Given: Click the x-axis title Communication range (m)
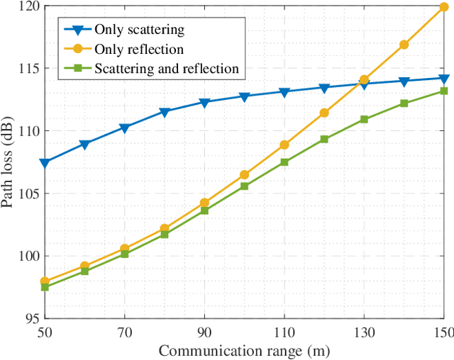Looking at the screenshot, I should [244, 350].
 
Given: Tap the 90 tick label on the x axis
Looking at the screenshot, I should [204, 332].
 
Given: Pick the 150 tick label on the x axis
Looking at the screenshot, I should [443, 332].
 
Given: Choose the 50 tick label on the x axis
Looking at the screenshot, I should [45, 332].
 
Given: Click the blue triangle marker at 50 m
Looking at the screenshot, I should [45, 163].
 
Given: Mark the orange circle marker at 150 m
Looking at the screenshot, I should [444, 7].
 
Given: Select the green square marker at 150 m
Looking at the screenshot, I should [444, 91].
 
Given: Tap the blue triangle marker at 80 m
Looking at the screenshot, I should [165, 112].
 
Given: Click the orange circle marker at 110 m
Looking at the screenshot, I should [284, 145].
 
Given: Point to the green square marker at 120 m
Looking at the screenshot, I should [324, 139].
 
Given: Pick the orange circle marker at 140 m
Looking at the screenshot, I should [404, 45].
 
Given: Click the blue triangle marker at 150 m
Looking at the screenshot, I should [444, 78].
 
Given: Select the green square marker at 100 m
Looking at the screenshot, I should [245, 186].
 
